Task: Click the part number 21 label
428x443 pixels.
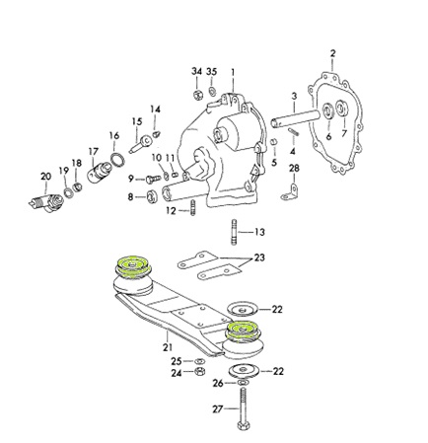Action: [x=168, y=346]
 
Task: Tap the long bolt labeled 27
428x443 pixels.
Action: [x=243, y=408]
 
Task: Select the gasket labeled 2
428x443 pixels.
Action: [x=335, y=123]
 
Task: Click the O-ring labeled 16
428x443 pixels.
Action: [x=117, y=160]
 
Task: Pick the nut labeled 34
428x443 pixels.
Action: [x=197, y=95]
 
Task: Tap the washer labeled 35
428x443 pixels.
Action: [x=213, y=92]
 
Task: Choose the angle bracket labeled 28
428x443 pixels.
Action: [x=291, y=193]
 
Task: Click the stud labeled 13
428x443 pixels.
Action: [x=234, y=232]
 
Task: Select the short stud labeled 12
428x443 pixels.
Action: [x=192, y=208]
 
